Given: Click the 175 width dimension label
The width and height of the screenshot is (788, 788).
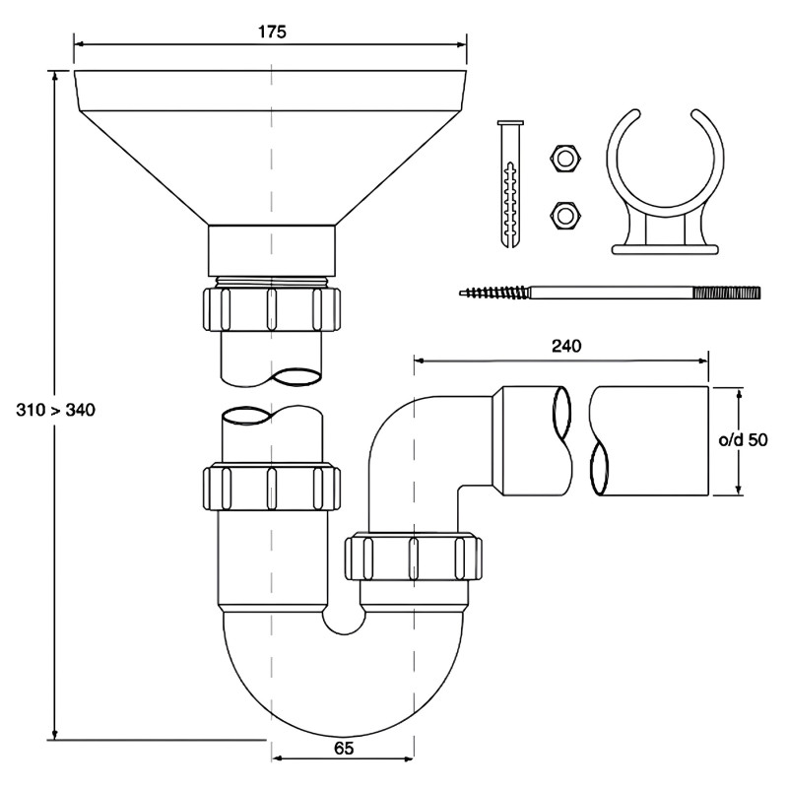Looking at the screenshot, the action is tap(272, 33).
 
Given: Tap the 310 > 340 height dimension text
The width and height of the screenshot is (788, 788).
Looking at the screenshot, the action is tap(56, 410).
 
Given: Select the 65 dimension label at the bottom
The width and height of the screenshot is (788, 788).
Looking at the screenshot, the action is tap(344, 749).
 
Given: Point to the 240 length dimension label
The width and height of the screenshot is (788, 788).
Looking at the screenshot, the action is tap(566, 346).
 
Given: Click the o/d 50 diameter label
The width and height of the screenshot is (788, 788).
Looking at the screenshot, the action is tap(744, 439).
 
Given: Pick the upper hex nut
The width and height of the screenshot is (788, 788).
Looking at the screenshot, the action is tap(565, 159).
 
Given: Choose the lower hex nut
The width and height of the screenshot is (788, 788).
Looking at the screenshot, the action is tap(565, 216).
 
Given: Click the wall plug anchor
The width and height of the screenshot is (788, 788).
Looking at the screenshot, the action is tap(510, 184).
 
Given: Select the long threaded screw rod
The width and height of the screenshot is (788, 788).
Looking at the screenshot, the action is tap(610, 293).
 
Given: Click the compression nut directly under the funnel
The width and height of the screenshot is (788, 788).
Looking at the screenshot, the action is tap(272, 309).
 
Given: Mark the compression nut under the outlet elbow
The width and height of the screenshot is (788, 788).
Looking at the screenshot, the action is tap(414, 558).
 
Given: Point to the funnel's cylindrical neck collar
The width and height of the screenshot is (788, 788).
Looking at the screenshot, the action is tap(272, 251).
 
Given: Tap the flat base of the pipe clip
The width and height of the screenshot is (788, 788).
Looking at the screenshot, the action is tap(666, 249).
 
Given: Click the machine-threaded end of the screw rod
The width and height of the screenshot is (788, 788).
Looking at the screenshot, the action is tap(727, 293).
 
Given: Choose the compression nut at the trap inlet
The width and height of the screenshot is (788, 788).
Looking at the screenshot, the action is tap(272, 489).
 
